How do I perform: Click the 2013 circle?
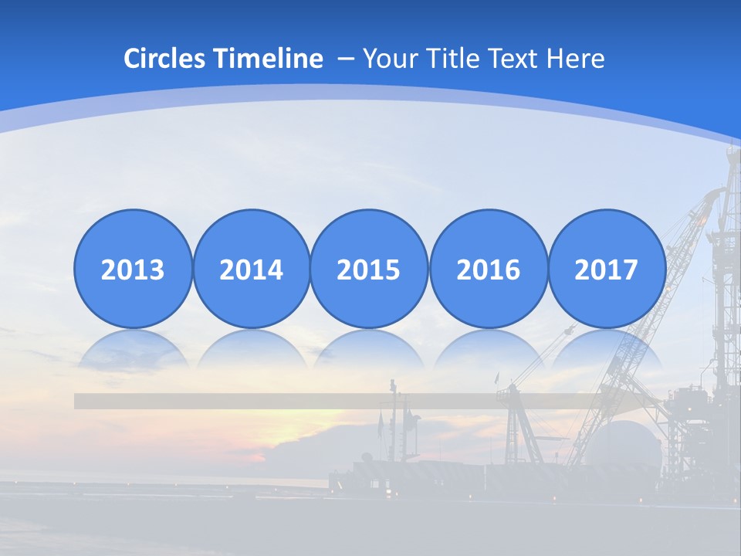tap(133, 269)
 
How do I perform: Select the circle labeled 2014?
tap(252, 269)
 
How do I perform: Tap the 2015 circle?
tap(369, 269)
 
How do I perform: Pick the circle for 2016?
tap(489, 269)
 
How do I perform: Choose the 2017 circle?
tap(607, 269)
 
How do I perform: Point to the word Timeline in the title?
tap(269, 59)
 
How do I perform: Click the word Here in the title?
tap(576, 59)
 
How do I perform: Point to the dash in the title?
tap(346, 59)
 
